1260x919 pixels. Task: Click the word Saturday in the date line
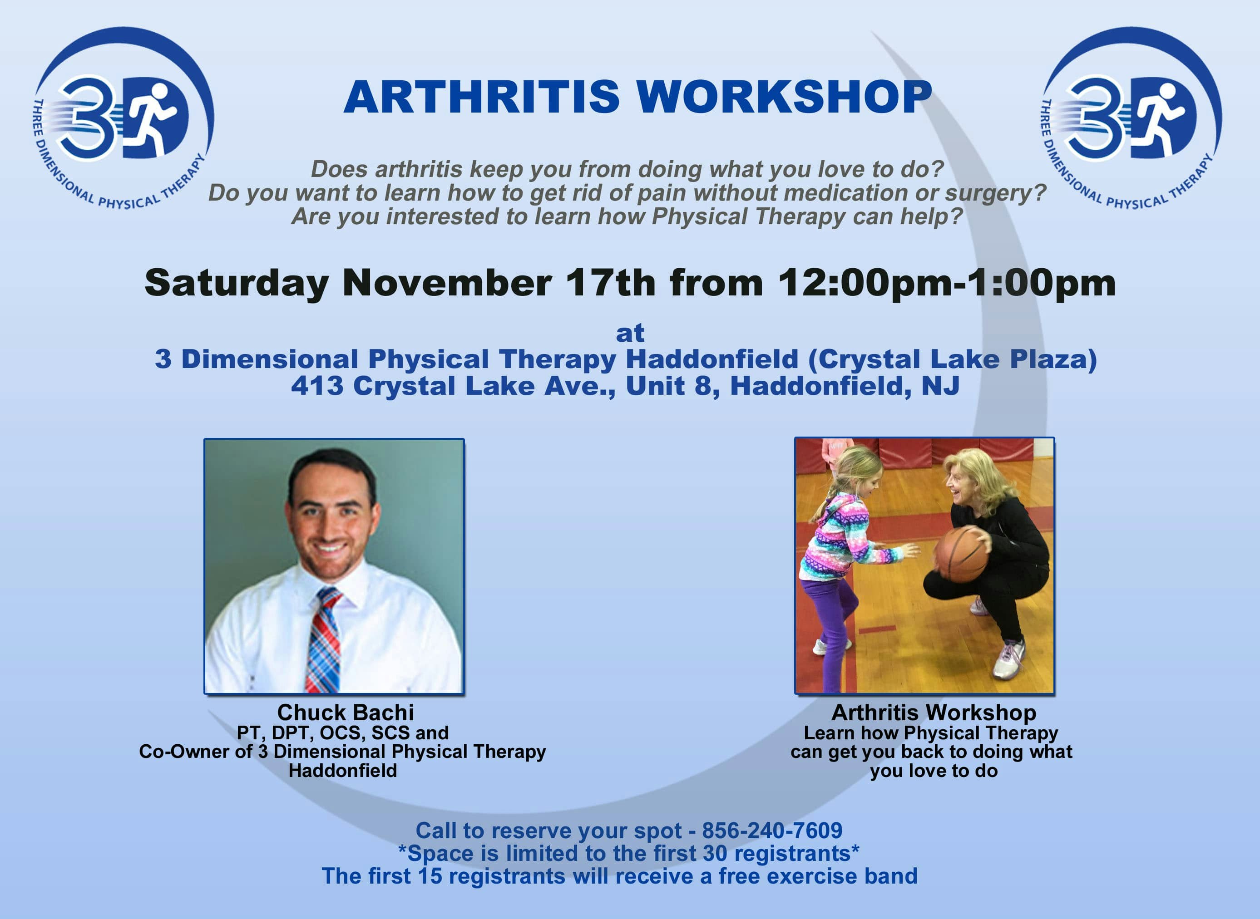tap(237, 284)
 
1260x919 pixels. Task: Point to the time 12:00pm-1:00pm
tap(947, 283)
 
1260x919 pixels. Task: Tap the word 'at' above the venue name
tap(630, 333)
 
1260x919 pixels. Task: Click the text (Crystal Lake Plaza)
tap(953, 359)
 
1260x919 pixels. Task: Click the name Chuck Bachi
tap(346, 713)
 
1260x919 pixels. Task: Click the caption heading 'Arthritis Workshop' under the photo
tap(934, 713)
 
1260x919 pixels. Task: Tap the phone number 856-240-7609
tap(772, 831)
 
